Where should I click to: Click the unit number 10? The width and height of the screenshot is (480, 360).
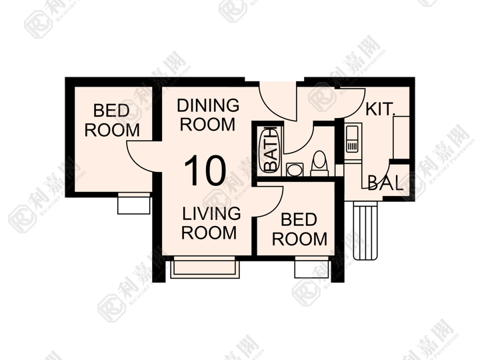pos(205,171)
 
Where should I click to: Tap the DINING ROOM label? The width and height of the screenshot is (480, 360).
pos(208,115)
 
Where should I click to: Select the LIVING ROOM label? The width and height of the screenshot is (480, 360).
pos(211,223)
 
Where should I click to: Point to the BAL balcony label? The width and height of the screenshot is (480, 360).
pos(385,183)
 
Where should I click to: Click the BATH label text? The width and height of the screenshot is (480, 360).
pos(270,150)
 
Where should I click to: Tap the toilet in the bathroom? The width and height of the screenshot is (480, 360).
pos(319,163)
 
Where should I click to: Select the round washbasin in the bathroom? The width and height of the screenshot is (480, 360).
pos(295,170)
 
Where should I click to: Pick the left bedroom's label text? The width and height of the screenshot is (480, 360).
pos(112,120)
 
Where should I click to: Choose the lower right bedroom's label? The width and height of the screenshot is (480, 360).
pos(299,229)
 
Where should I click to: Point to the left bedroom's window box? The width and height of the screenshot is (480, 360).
pos(134,203)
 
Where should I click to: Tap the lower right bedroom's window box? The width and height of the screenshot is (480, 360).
pos(311,267)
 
